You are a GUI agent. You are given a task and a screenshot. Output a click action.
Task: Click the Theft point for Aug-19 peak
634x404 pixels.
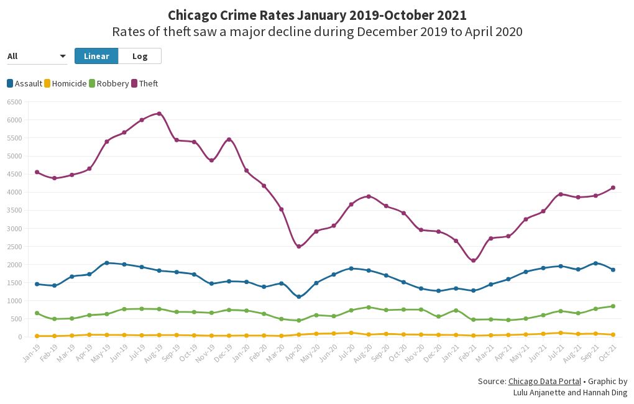[159, 114]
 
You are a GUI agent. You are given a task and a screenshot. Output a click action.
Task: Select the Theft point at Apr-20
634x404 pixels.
[299, 247]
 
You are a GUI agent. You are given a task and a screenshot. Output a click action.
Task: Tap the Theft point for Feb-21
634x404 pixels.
[474, 260]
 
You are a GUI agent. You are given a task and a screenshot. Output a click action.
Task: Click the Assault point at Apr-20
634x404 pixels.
[299, 296]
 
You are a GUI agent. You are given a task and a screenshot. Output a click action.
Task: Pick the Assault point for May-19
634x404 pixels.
[107, 263]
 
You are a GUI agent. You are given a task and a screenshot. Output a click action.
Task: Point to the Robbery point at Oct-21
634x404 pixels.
[613, 306]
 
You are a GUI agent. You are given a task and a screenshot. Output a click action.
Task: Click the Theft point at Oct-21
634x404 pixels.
[613, 188]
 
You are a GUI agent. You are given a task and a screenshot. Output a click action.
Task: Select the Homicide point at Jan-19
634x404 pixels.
[37, 336]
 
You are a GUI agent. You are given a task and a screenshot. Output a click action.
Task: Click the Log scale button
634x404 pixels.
[140, 56]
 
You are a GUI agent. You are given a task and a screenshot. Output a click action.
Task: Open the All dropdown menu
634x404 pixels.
[37, 57]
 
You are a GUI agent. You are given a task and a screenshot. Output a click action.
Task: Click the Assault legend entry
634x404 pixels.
[24, 83]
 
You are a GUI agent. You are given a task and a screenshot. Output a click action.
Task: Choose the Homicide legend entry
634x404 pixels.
[65, 83]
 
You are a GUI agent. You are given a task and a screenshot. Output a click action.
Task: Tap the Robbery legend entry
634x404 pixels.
[109, 83]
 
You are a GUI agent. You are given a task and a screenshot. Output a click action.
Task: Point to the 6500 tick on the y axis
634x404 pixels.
[14, 102]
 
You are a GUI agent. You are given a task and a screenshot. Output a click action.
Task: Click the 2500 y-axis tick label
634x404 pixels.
[14, 247]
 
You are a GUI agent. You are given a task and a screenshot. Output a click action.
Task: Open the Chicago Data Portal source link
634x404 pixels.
[544, 382]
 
